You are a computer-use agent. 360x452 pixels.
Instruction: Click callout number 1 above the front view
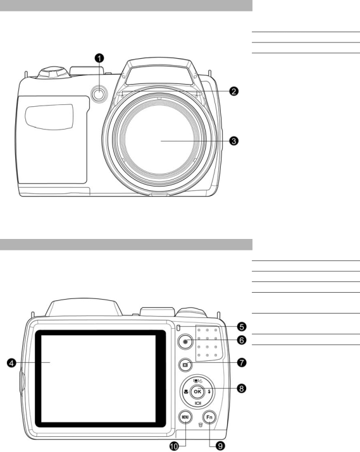pyautogui.click(x=99, y=58)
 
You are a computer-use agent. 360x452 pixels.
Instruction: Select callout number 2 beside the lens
pyautogui.click(x=233, y=92)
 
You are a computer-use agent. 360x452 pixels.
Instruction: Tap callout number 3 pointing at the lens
pyautogui.click(x=233, y=141)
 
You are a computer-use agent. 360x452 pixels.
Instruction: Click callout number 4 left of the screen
pyautogui.click(x=11, y=363)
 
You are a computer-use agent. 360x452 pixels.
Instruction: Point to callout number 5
pyautogui.click(x=242, y=327)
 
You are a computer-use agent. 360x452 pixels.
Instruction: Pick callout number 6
pyautogui.click(x=242, y=340)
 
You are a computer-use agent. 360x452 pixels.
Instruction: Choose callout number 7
pyautogui.click(x=242, y=362)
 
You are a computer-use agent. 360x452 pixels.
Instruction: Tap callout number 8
pyautogui.click(x=242, y=388)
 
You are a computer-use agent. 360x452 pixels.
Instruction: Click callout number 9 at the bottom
pyautogui.click(x=220, y=446)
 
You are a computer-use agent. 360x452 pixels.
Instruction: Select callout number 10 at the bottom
pyautogui.click(x=174, y=446)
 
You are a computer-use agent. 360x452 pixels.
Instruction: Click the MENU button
pyautogui.click(x=185, y=417)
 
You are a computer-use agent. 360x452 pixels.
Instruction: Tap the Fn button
pyautogui.click(x=209, y=417)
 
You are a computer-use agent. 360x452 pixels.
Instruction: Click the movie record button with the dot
pyautogui.click(x=185, y=341)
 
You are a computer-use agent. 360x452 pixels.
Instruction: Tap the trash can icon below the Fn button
pyautogui.click(x=201, y=425)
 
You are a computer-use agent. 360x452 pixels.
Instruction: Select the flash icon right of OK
pyautogui.click(x=209, y=391)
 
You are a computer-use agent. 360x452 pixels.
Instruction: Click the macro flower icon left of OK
pyautogui.click(x=186, y=391)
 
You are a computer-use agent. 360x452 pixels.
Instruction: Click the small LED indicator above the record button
pyautogui.click(x=178, y=327)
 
